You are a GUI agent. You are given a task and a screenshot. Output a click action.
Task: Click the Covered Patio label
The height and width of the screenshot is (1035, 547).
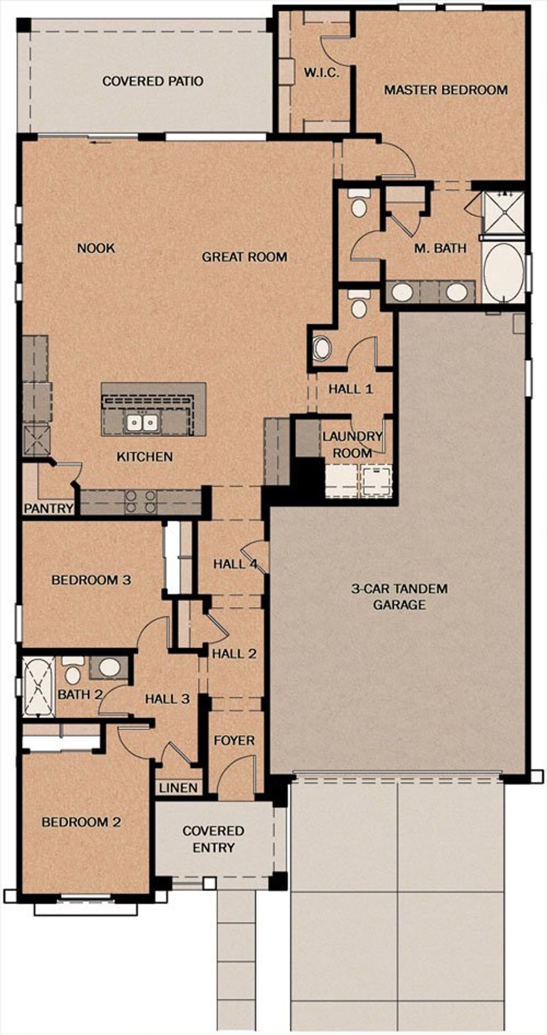pyautogui.click(x=153, y=81)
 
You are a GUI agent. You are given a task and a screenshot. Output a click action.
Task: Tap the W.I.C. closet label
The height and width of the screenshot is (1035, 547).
pyautogui.click(x=322, y=73)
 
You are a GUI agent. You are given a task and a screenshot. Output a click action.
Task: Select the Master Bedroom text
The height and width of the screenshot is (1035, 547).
pyautogui.click(x=446, y=90)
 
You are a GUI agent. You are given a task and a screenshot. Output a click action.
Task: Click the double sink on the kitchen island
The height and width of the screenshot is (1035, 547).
pyautogui.click(x=142, y=423)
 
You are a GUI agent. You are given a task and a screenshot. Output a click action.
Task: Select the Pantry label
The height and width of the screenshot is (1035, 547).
pyautogui.click(x=48, y=509)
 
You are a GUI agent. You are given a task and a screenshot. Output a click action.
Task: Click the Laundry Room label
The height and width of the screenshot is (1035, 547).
pyautogui.click(x=352, y=444)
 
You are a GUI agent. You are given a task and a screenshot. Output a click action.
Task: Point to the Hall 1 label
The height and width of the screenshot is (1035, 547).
pyautogui.click(x=350, y=389)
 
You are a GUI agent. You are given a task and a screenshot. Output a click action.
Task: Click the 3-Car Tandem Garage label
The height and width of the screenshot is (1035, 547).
pyautogui.click(x=399, y=597)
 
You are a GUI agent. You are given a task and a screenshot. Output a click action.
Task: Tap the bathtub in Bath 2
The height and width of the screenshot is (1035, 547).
pyautogui.click(x=38, y=687)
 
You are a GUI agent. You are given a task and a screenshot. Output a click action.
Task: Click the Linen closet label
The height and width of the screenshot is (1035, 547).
pyautogui.click(x=179, y=788)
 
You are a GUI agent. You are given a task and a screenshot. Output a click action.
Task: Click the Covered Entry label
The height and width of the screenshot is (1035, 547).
pyautogui.click(x=213, y=839)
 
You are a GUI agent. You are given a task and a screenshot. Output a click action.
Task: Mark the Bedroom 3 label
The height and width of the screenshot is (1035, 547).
pyautogui.click(x=91, y=580)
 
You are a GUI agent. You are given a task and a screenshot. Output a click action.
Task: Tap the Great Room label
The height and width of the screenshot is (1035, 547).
pyautogui.click(x=244, y=257)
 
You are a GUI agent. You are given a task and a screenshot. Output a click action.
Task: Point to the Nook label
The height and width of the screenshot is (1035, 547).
pyautogui.click(x=96, y=248)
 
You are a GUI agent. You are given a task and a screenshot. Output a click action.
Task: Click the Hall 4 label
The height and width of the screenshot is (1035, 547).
pyautogui.click(x=235, y=564)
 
